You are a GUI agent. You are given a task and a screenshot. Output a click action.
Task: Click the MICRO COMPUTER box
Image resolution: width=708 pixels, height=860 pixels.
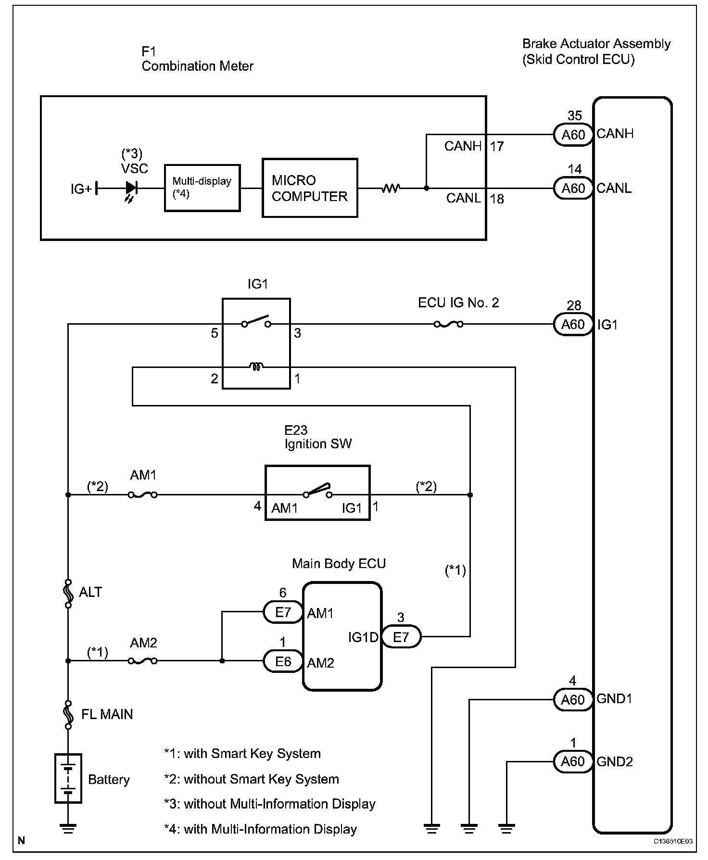pyautogui.click(x=310, y=188)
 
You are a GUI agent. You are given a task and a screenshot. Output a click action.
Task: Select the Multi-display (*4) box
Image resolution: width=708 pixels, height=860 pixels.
pyautogui.click(x=202, y=188)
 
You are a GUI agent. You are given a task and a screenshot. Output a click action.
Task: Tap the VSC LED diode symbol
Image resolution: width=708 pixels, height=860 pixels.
pyautogui.click(x=131, y=188)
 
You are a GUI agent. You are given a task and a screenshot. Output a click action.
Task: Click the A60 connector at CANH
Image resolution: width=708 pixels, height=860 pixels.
pyautogui.click(x=573, y=135)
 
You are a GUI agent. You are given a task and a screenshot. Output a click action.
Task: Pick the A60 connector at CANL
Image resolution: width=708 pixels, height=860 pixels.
pyautogui.click(x=573, y=188)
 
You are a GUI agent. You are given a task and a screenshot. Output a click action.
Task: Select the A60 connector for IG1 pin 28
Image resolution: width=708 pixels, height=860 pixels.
pyautogui.click(x=573, y=325)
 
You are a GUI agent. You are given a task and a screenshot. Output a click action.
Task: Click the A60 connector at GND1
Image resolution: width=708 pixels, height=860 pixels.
pyautogui.click(x=572, y=700)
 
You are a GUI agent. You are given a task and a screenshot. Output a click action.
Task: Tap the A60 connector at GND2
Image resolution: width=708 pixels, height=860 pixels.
pyautogui.click(x=572, y=761)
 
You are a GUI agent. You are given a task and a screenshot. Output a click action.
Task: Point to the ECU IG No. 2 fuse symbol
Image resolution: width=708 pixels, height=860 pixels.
pyautogui.click(x=448, y=325)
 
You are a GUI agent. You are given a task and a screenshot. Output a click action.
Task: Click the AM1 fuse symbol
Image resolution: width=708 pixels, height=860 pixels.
pyautogui.click(x=143, y=494)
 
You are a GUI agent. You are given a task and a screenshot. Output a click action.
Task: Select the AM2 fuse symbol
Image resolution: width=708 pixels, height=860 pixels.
pyautogui.click(x=143, y=661)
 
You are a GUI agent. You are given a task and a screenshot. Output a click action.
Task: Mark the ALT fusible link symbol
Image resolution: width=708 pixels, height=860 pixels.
pyautogui.click(x=68, y=593)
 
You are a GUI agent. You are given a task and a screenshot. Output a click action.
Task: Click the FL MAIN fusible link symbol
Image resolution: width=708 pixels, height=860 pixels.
pyautogui.click(x=68, y=715)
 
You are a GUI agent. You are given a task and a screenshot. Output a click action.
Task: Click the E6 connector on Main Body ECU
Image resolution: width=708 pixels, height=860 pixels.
pyautogui.click(x=283, y=661)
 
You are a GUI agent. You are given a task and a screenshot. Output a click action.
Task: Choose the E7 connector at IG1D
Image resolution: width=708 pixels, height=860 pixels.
pyautogui.click(x=401, y=637)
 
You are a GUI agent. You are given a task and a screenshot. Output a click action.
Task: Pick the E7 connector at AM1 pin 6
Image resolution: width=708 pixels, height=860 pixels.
pyautogui.click(x=283, y=612)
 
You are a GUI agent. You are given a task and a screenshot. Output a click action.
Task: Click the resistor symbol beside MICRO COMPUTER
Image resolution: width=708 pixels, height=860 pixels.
pyautogui.click(x=391, y=189)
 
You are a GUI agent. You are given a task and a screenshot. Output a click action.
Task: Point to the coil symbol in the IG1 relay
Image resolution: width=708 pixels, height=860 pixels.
pyautogui.click(x=256, y=367)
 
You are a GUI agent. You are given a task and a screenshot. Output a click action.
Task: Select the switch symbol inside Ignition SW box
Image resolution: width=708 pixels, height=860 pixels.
pyautogui.click(x=318, y=491)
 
